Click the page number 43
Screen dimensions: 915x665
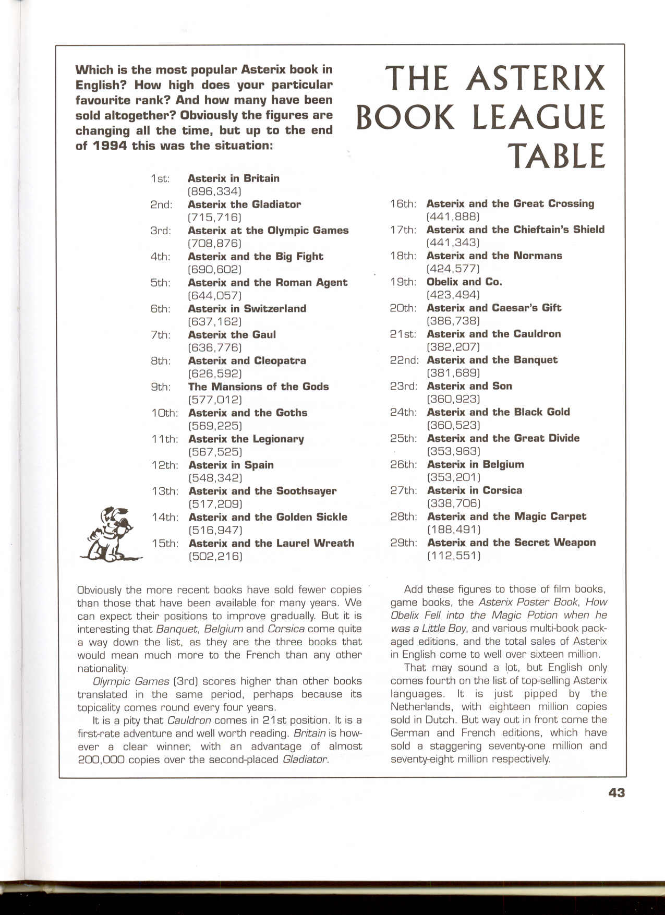(x=616, y=792)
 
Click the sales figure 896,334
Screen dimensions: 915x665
(x=214, y=191)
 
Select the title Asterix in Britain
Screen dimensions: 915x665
(x=234, y=178)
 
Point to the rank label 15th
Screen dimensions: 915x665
(x=165, y=544)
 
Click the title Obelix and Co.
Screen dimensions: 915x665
(x=464, y=282)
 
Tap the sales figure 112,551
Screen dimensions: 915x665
(x=453, y=556)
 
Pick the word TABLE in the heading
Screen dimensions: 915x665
(x=557, y=155)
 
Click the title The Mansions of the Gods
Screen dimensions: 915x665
(x=258, y=387)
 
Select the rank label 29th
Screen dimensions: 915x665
(x=404, y=543)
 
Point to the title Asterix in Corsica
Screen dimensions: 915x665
(x=474, y=490)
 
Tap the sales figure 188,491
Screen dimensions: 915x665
(x=453, y=529)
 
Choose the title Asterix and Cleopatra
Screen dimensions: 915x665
(x=247, y=360)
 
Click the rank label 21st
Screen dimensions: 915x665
(x=404, y=334)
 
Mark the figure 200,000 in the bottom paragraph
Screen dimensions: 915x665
(x=101, y=760)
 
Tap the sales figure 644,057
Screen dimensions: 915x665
(x=214, y=296)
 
